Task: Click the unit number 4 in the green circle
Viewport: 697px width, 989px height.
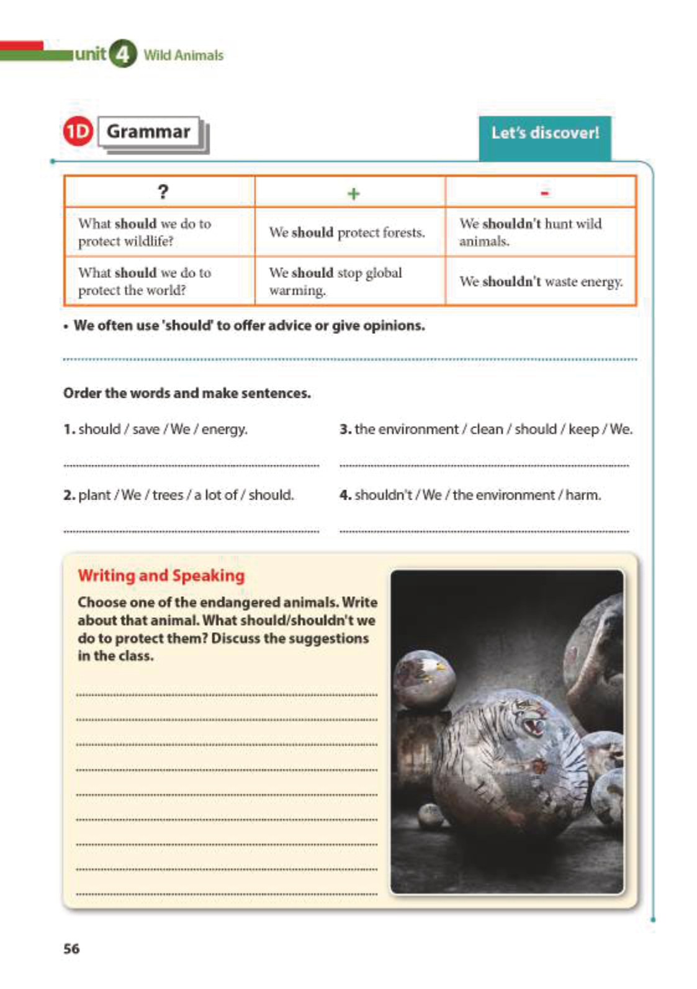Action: pyautogui.click(x=122, y=55)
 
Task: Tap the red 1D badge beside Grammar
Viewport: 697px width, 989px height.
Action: pyautogui.click(x=78, y=132)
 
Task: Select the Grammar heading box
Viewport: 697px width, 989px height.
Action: pyautogui.click(x=148, y=132)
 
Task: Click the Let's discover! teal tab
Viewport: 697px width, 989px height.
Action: pyautogui.click(x=545, y=133)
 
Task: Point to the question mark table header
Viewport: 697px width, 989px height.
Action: pyautogui.click(x=163, y=192)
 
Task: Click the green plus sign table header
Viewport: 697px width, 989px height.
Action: pyautogui.click(x=353, y=194)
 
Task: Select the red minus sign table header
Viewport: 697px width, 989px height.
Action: pyautogui.click(x=544, y=194)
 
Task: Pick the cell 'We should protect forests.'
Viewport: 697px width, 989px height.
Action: pyautogui.click(x=347, y=233)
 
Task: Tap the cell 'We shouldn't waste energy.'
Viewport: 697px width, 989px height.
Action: pyautogui.click(x=541, y=282)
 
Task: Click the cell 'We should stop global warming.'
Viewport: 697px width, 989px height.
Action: pyautogui.click(x=335, y=281)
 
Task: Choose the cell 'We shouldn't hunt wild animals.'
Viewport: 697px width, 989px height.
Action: pyautogui.click(x=531, y=232)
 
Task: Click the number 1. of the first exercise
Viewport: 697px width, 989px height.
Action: pyautogui.click(x=69, y=429)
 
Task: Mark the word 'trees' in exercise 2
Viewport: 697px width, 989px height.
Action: pyautogui.click(x=168, y=495)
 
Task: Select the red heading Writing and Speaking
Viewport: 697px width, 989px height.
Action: pyautogui.click(x=161, y=576)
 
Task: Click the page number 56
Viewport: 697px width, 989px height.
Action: pyautogui.click(x=71, y=949)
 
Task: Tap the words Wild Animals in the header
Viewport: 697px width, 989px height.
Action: pyautogui.click(x=183, y=55)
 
